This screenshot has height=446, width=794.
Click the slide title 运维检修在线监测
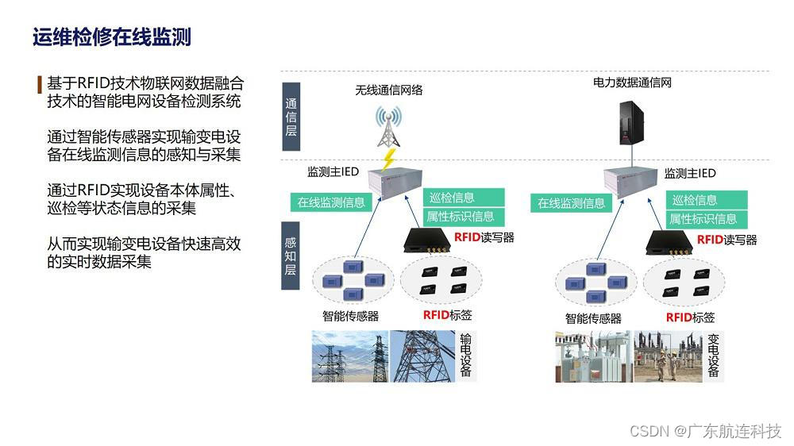coord(112,37)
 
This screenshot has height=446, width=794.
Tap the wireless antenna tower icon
coord(388,127)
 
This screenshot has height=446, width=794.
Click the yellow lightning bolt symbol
coord(389,161)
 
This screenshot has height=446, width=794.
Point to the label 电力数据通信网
coord(632,82)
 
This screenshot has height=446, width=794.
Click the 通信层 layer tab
coord(291,117)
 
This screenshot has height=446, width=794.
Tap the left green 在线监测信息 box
coord(331,202)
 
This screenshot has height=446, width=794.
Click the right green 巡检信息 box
coord(695,200)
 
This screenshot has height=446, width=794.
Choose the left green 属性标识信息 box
coord(461,216)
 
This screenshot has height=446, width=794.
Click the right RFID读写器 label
coord(727,240)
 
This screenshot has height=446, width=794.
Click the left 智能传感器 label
coord(350,316)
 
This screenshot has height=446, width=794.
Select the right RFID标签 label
coord(690,317)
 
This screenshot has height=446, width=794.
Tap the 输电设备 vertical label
coord(466,355)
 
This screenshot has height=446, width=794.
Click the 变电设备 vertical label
coord(713,355)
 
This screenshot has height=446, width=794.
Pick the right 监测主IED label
coord(690,174)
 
